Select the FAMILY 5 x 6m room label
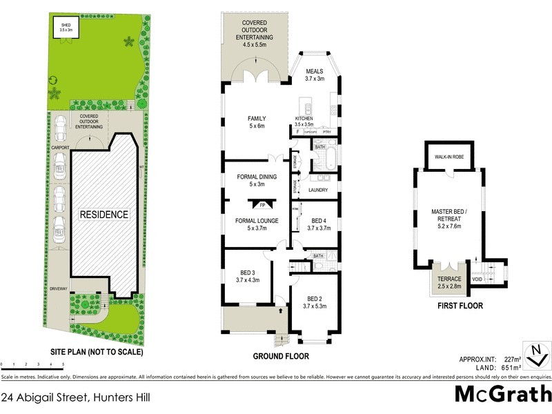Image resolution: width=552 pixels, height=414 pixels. coord(257,122)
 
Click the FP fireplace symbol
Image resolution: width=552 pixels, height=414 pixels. coord(262,205)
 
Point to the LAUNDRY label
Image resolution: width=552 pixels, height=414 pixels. coord(317,190)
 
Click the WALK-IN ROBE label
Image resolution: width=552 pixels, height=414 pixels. coord(448,157)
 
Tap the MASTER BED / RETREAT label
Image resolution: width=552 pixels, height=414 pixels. coord(448,215)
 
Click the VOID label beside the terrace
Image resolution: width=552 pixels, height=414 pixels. coord(477,279)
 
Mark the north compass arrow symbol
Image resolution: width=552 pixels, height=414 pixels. coord(534,355)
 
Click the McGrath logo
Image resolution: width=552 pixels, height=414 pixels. coord(503,394)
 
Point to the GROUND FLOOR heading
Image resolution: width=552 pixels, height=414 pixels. coord(280,357)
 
